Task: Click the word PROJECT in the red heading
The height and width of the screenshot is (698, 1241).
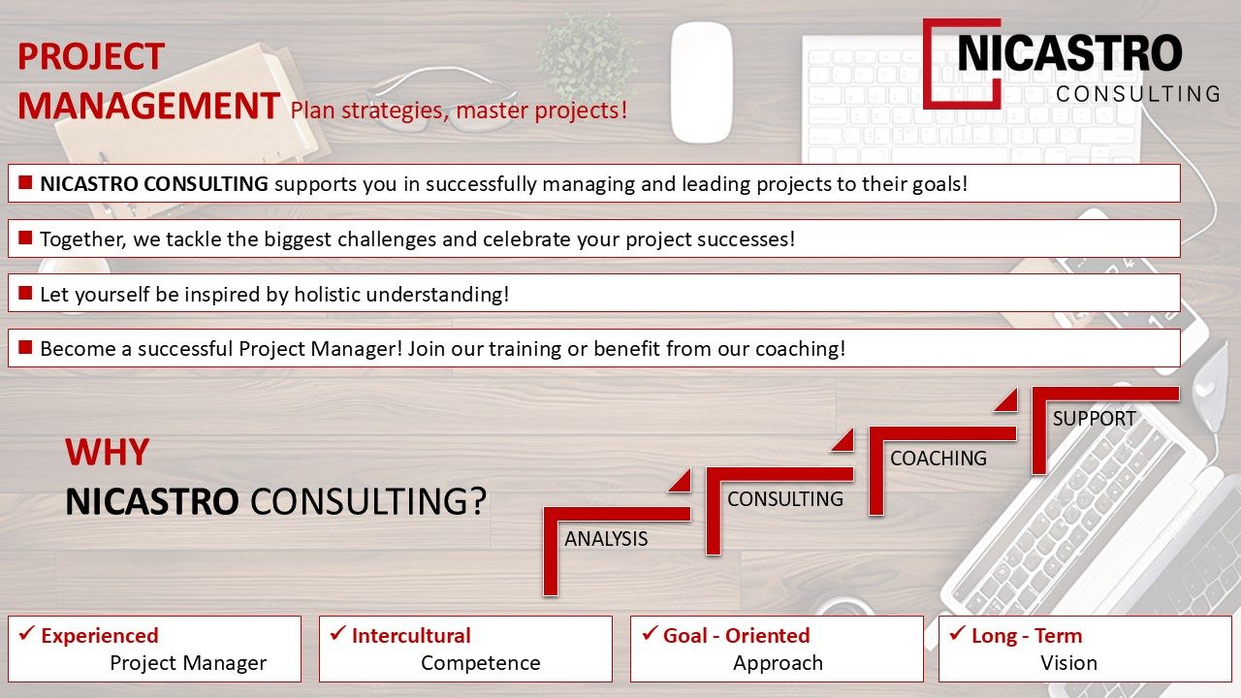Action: click(91, 56)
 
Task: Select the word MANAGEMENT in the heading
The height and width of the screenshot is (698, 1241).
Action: click(148, 106)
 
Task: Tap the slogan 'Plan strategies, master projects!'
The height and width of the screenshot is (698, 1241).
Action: click(459, 111)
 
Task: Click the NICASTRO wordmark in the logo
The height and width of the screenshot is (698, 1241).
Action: click(1069, 53)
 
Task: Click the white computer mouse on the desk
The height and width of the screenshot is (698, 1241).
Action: click(701, 82)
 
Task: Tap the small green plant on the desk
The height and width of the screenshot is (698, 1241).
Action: click(588, 55)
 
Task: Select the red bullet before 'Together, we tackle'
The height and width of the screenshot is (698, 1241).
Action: click(25, 238)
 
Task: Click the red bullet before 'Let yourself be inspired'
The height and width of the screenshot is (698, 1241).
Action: click(25, 293)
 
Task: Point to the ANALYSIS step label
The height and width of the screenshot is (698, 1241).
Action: click(606, 539)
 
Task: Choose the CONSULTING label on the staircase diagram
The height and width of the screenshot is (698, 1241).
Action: click(785, 499)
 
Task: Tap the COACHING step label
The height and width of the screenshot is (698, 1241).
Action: click(939, 459)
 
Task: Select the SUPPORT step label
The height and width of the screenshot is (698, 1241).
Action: click(1095, 419)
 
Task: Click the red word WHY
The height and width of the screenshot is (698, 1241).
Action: click(108, 452)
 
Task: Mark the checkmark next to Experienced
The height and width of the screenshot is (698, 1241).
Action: click(26, 633)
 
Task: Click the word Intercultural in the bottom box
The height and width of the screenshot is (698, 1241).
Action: click(411, 636)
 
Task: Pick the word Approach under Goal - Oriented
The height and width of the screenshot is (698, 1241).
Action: click(778, 663)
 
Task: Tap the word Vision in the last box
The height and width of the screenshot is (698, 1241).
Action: click(1068, 663)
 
